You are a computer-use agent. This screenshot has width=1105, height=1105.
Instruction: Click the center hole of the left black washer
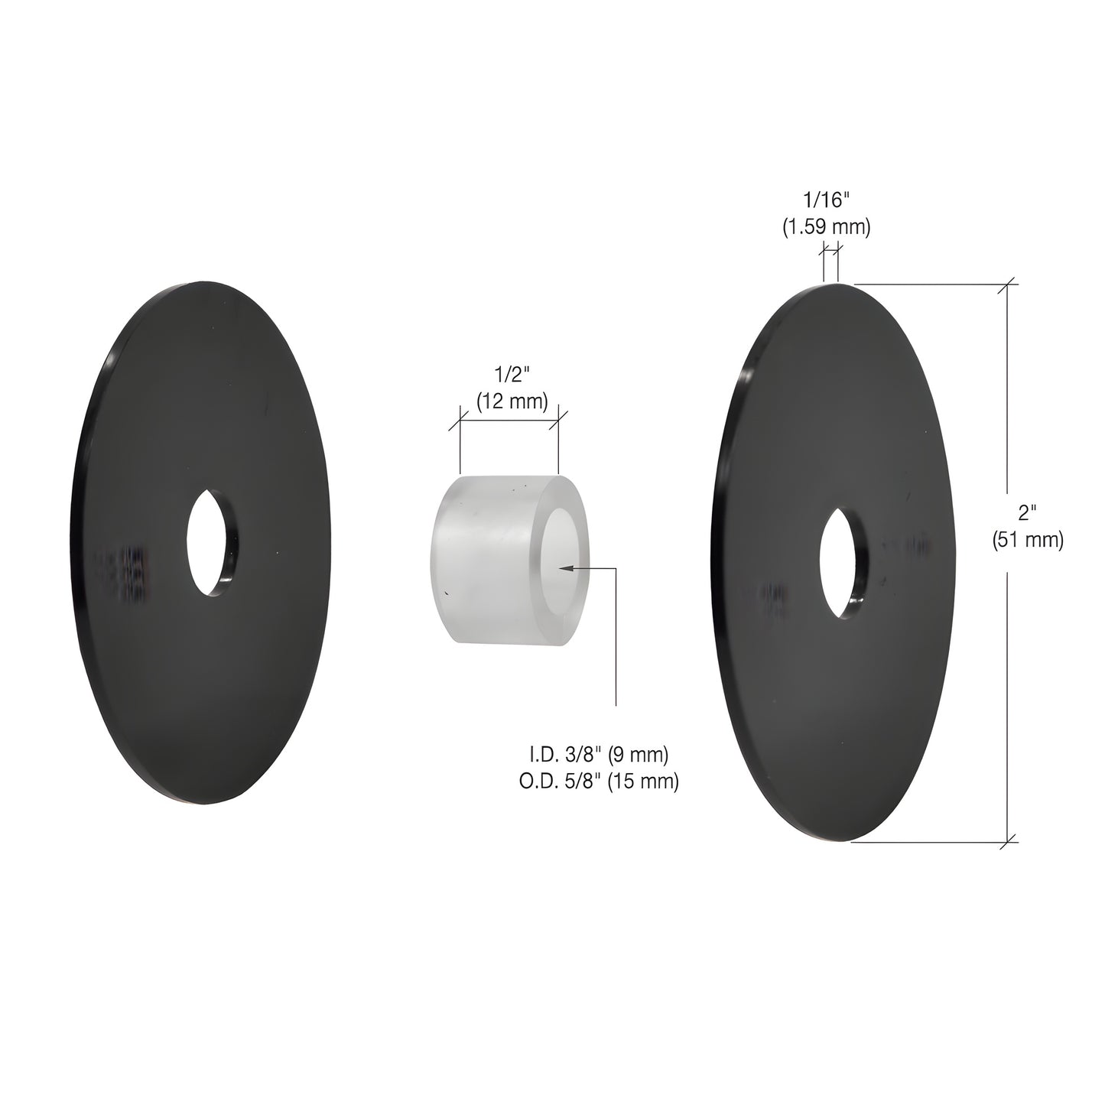tap(212, 543)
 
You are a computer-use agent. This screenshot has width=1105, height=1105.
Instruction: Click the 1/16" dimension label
tap(826, 200)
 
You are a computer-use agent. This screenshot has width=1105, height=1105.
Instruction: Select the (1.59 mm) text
tap(826, 227)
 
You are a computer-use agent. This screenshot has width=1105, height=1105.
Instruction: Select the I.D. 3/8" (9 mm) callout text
tap(600, 754)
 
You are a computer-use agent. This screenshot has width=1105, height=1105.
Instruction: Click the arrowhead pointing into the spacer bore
tap(564, 567)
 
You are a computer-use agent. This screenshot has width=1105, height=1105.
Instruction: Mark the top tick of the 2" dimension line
tap(1009, 284)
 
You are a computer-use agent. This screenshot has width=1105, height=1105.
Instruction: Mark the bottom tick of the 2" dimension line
tap(1009, 841)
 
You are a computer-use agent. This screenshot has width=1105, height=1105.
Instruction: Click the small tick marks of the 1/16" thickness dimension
tap(830, 249)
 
